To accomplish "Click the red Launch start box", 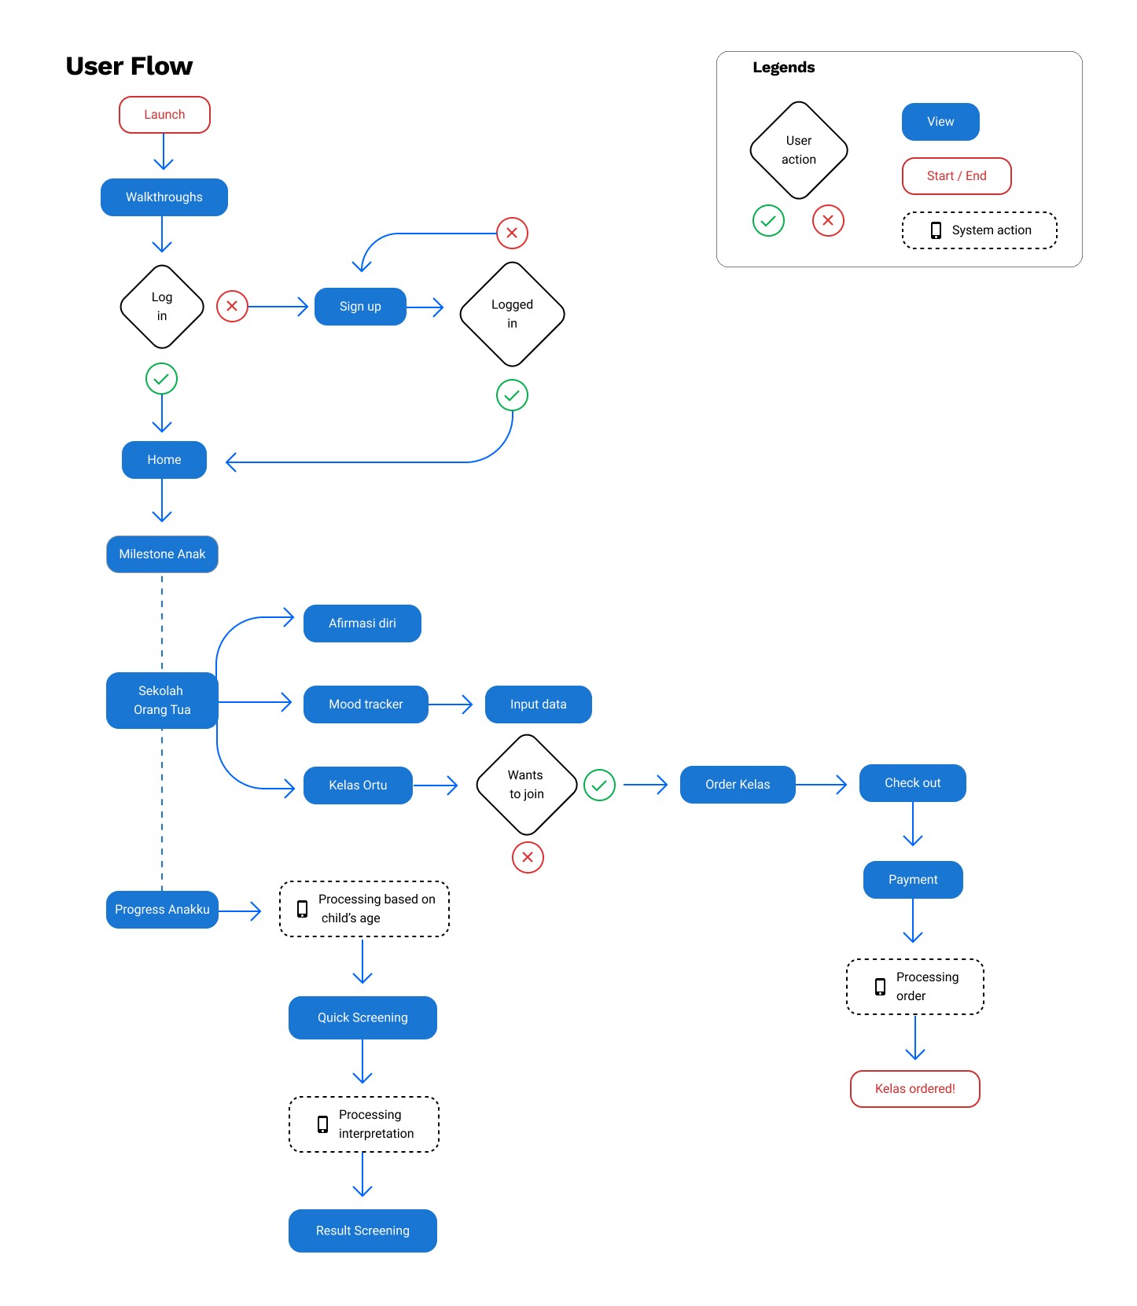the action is [x=164, y=115].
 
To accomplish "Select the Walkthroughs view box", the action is [x=164, y=197].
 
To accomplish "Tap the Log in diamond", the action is [x=162, y=307].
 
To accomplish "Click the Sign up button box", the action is [x=360, y=307].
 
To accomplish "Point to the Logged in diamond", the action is [x=512, y=314].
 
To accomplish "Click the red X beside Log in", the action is [x=232, y=306].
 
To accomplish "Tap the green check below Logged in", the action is [x=512, y=395].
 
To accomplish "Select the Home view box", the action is [x=164, y=460].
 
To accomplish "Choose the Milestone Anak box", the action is [x=162, y=554].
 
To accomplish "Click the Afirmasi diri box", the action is [x=362, y=624].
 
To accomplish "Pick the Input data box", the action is [x=539, y=705].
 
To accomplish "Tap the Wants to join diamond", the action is [x=526, y=785].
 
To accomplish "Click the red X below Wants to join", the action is [x=528, y=857].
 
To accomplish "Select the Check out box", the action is [x=913, y=783].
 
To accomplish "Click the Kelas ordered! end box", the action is [x=915, y=1089].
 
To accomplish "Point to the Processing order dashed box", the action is [x=915, y=987].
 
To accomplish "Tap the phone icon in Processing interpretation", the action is [x=322, y=1124].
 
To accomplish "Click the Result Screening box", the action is [x=362, y=1231].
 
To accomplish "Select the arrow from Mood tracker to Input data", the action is [x=451, y=705].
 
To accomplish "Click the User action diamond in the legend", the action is [x=799, y=150].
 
